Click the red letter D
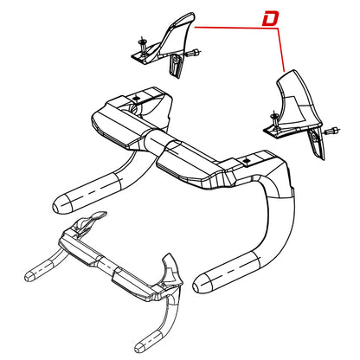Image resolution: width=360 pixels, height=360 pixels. (270, 19)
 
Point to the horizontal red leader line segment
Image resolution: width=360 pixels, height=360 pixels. (236, 28)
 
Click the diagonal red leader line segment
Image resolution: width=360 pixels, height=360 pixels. (281, 50)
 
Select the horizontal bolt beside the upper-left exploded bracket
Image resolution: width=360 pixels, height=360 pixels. (193, 53)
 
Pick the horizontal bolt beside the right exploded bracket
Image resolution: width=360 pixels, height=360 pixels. (331, 131)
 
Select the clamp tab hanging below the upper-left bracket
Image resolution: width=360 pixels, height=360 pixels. (176, 66)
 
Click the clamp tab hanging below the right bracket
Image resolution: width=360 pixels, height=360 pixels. (317, 144)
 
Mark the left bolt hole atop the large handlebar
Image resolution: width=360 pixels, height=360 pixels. (137, 98)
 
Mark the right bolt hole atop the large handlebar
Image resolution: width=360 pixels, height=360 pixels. (247, 159)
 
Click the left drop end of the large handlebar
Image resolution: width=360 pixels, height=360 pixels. (62, 204)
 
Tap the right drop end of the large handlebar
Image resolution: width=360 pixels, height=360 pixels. (203, 283)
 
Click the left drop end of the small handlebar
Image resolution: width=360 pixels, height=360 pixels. (29, 276)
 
